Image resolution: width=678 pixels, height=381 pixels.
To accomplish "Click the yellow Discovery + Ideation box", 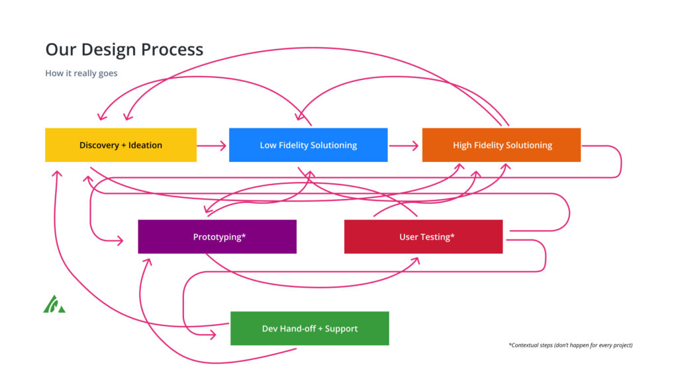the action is [x=121, y=145].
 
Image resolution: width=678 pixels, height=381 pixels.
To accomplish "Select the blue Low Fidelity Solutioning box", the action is [x=309, y=145].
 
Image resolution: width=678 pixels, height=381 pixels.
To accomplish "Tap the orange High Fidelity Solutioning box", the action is [x=502, y=145].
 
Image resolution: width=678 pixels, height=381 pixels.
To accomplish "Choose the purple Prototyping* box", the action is [x=217, y=237].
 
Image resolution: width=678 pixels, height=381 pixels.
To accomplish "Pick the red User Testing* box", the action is [x=423, y=237].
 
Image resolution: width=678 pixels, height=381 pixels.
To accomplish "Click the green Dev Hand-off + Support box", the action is [x=310, y=328].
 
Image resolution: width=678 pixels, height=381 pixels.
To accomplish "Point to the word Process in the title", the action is [x=172, y=50].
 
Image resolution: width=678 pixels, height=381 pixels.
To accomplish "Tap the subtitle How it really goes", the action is [x=81, y=73].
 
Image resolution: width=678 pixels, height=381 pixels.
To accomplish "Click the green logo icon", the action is [x=54, y=304].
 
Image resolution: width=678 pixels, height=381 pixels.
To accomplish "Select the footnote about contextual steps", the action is [x=571, y=345].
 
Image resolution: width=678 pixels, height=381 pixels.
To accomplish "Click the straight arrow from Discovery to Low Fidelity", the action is [x=211, y=146].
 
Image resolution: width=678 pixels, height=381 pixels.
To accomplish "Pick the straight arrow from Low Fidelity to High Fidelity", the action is [x=404, y=146].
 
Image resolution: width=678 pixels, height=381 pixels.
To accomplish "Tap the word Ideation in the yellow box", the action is [x=145, y=145].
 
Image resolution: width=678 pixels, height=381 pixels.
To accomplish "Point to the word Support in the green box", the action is [x=341, y=329].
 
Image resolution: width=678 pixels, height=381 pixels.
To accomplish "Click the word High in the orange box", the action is [x=461, y=146].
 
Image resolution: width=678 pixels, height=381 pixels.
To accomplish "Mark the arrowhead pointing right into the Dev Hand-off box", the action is [x=213, y=335].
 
